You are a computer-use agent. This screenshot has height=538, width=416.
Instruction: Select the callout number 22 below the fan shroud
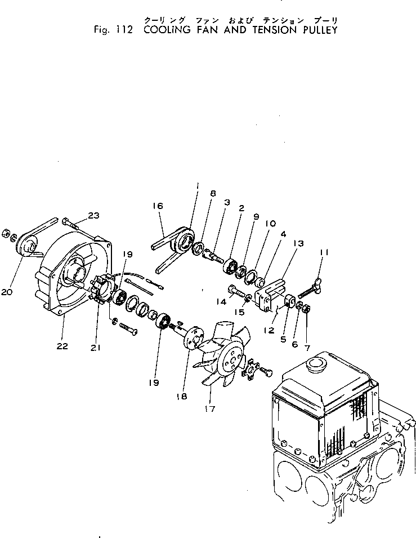pyautogui.click(x=62, y=346)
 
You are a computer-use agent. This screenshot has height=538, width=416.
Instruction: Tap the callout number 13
pyautogui.click(x=298, y=243)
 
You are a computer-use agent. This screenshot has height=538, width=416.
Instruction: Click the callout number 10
pyautogui.click(x=269, y=223)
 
